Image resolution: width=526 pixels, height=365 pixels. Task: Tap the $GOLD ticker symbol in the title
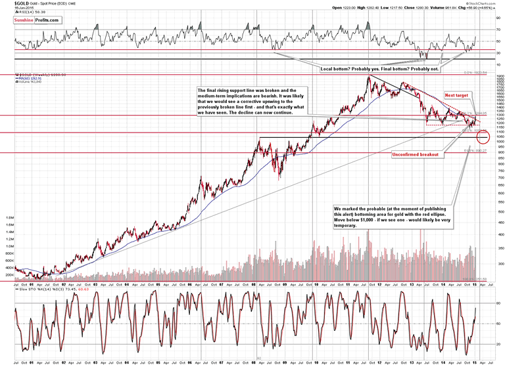12,4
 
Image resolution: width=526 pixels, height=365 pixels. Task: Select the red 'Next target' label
458,95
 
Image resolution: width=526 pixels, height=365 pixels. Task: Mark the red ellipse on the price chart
483,136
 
